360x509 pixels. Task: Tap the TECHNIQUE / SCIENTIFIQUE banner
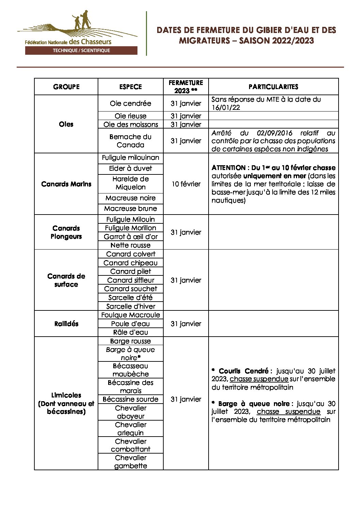tap(81, 51)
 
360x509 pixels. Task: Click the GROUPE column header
tap(66, 87)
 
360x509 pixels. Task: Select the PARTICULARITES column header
tap(273, 87)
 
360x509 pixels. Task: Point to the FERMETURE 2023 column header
tap(186, 87)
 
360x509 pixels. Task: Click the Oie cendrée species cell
tap(130, 103)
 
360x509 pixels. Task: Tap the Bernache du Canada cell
tap(130, 141)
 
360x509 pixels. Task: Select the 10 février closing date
tap(186, 184)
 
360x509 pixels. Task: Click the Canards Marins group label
tap(66, 184)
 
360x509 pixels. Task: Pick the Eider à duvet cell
tap(130, 168)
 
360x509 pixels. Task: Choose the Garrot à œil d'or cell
tap(130, 237)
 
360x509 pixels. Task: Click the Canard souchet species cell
tap(130, 289)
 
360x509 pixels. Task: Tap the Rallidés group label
tap(66, 324)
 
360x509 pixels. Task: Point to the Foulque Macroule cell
tap(130, 315)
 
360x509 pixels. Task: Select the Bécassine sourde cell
tap(130, 399)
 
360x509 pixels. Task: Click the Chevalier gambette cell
tap(130, 462)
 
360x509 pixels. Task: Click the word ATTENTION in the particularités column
tap(228, 168)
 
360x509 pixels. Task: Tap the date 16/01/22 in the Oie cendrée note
tap(226, 107)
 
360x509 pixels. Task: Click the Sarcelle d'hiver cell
tap(130, 306)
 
